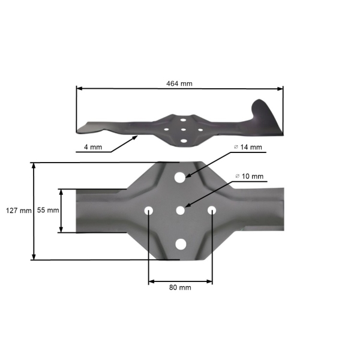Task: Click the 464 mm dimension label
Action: (180, 83)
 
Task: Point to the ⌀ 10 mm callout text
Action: (249, 176)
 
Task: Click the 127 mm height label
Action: (17, 211)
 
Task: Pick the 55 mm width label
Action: (48, 211)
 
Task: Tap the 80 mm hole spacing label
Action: (180, 287)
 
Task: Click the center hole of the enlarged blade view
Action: (180, 210)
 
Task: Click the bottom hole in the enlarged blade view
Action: (180, 243)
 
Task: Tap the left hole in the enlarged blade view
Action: (148, 210)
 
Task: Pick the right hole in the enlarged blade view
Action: (212, 210)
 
